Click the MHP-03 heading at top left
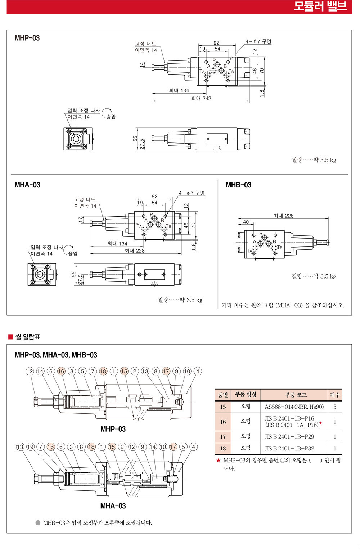coord(27,38)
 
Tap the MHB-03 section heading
coord(238,185)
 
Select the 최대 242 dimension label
coord(201,98)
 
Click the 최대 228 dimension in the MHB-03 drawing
coord(283,216)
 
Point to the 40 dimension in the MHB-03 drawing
coord(246,222)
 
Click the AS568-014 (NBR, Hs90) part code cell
coord(294,407)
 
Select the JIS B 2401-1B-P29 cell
coord(289,437)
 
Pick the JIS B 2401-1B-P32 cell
coord(289,448)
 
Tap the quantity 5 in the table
coord(335,407)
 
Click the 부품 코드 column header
coord(296,395)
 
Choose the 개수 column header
coord(335,395)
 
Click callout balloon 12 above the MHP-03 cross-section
coord(30,371)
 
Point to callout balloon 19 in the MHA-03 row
coord(30,447)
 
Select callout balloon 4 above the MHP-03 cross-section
coord(198,371)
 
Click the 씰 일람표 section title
coord(28,337)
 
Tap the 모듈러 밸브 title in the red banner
coord(320,6)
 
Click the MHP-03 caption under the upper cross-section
coord(113,429)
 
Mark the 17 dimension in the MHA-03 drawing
coord(80,220)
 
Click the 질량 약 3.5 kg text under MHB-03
coord(314,276)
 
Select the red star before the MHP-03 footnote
coord(218,461)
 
